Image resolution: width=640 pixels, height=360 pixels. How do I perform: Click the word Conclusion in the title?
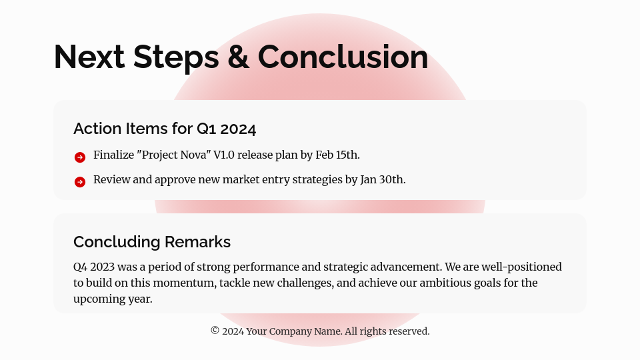coord(343,57)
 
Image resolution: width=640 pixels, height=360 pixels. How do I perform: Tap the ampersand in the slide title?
coord(238,57)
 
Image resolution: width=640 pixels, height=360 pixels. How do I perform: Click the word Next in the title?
coord(89,57)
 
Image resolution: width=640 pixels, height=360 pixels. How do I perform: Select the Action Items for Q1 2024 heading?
coord(165,129)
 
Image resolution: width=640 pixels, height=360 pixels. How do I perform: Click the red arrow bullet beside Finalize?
coord(80,157)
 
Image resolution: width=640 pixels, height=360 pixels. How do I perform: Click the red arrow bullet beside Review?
coord(80,182)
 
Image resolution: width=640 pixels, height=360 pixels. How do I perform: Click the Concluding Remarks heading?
coord(152,242)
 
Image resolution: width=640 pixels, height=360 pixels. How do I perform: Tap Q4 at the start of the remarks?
coord(80,267)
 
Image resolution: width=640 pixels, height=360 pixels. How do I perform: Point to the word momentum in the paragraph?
coord(185,283)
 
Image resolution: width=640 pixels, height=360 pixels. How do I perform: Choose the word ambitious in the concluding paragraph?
coord(461,283)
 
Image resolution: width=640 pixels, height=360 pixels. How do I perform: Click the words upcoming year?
coord(113,299)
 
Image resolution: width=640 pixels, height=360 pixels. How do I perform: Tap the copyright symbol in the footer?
coord(215,331)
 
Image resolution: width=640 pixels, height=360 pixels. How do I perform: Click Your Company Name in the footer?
coord(293,331)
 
